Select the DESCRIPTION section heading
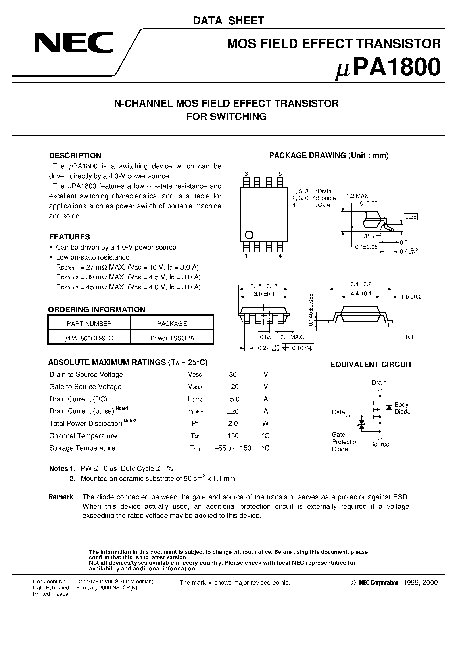click(x=75, y=156)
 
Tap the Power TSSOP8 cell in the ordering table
click(x=172, y=338)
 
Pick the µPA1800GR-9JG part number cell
click(x=89, y=338)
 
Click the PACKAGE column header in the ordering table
click(x=172, y=323)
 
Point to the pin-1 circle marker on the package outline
click(x=249, y=235)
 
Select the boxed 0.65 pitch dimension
click(x=265, y=337)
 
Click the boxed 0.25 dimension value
click(x=411, y=217)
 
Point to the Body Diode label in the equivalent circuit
click(x=402, y=408)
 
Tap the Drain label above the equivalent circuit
click(x=379, y=382)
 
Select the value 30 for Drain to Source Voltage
click(x=233, y=375)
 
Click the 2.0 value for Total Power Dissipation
click(x=233, y=423)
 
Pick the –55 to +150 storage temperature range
click(x=233, y=448)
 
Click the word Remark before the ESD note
click(x=61, y=497)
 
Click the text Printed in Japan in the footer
click(x=52, y=594)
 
